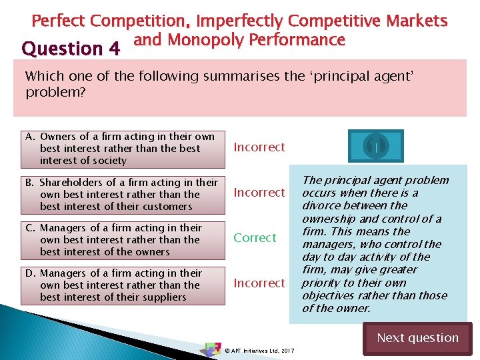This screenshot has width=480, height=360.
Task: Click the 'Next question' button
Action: [417, 338]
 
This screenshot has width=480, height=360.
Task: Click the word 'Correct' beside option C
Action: [254, 238]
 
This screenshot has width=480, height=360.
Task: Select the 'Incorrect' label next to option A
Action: [259, 147]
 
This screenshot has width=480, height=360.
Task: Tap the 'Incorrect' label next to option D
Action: [259, 283]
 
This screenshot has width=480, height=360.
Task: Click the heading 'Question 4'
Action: [71, 49]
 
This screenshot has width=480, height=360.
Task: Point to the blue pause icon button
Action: [375, 146]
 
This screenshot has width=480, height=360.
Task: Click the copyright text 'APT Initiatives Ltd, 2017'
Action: [260, 350]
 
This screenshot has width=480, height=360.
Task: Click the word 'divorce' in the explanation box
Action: [322, 205]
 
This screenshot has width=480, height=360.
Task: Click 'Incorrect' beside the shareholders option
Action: [259, 193]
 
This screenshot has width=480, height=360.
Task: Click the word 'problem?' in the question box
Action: [56, 93]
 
